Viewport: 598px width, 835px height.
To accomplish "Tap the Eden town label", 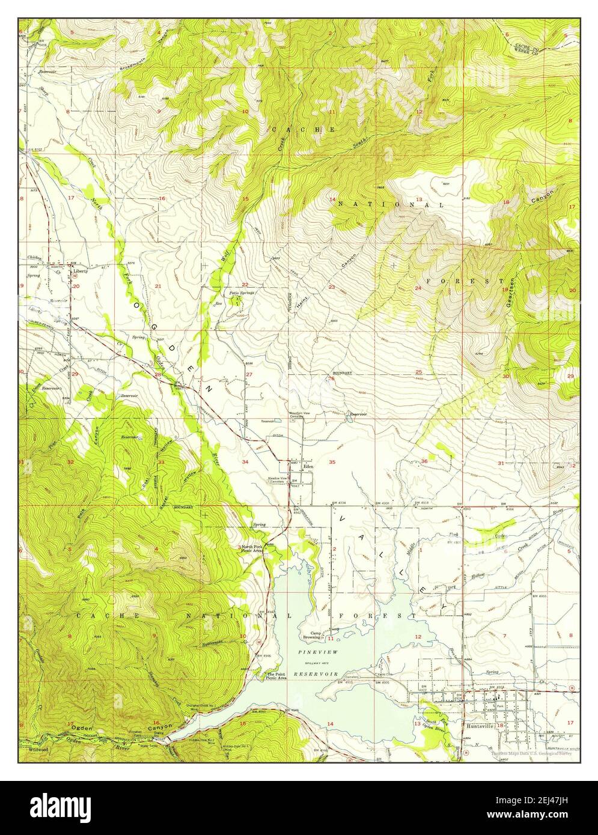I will point(309,466).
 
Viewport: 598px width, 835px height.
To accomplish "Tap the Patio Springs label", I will point(241,293).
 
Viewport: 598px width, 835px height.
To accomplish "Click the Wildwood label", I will point(37,750).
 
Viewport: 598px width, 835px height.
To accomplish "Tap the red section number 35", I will point(332,462).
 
